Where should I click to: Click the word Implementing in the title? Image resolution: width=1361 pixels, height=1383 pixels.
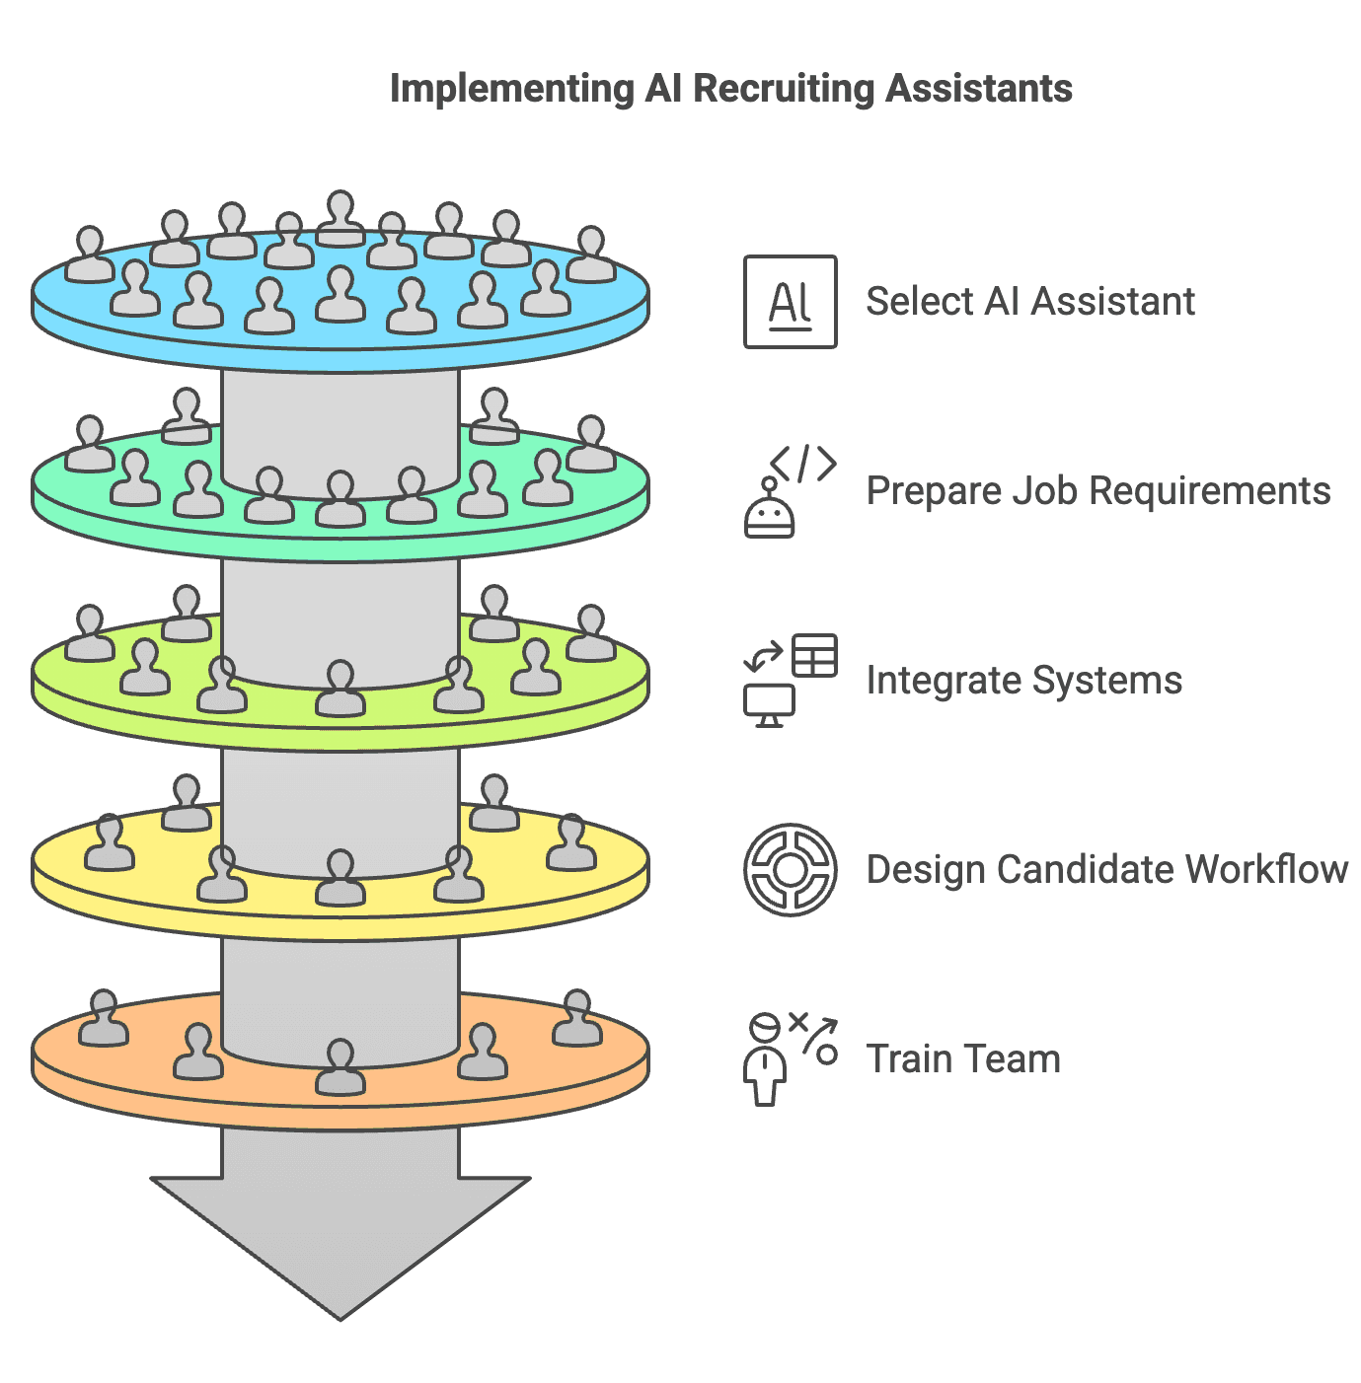pyautogui.click(x=512, y=90)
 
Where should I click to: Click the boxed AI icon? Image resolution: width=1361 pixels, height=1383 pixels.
pyautogui.click(x=790, y=302)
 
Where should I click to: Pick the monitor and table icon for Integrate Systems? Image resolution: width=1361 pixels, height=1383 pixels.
pyautogui.click(x=790, y=680)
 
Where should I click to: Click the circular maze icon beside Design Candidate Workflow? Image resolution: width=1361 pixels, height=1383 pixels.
pyautogui.click(x=790, y=869)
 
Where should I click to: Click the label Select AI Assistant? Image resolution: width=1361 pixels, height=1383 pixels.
pyautogui.click(x=1029, y=302)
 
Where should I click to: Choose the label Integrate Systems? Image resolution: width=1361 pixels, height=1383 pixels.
pyautogui.click(x=1023, y=681)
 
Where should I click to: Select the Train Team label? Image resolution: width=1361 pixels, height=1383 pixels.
pyautogui.click(x=963, y=1059)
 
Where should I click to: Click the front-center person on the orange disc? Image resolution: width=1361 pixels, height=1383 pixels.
pyautogui.click(x=340, y=1066)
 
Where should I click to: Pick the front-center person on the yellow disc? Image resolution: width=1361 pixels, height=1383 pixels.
pyautogui.click(x=340, y=877)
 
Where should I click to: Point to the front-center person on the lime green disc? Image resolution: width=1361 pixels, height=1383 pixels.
pyautogui.click(x=340, y=688)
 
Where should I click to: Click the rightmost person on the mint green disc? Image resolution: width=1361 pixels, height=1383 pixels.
pyautogui.click(x=590, y=444)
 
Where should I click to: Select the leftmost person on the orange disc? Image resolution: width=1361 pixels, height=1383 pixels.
pyautogui.click(x=103, y=1018)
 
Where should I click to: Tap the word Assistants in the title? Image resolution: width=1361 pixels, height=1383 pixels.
pyautogui.click(x=978, y=90)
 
